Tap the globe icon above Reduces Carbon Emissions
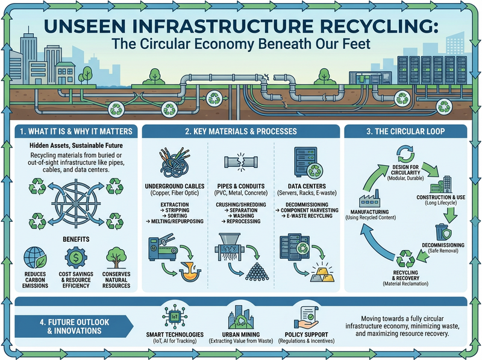(x=35, y=258)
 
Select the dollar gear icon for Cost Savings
(x=76, y=257)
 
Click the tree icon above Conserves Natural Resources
(x=116, y=258)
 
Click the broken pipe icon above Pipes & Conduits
(x=241, y=162)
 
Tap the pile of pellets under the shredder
(x=257, y=271)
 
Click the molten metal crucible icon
(x=190, y=271)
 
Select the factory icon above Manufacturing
(x=370, y=198)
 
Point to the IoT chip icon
(x=175, y=317)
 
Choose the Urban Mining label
(x=241, y=335)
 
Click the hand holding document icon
(x=306, y=318)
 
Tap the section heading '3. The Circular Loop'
(x=405, y=131)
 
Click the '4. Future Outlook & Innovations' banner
(x=74, y=326)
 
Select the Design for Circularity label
(x=405, y=170)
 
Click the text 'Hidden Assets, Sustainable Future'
(x=76, y=145)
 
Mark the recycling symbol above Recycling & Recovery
(x=405, y=259)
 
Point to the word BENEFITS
(x=76, y=239)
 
